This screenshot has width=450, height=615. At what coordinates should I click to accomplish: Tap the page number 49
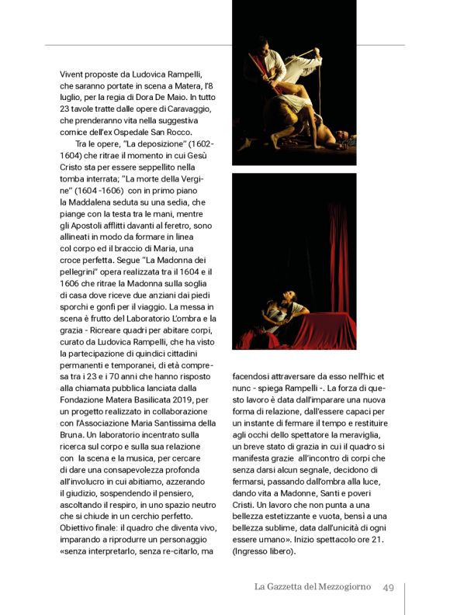[x=389, y=587]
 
